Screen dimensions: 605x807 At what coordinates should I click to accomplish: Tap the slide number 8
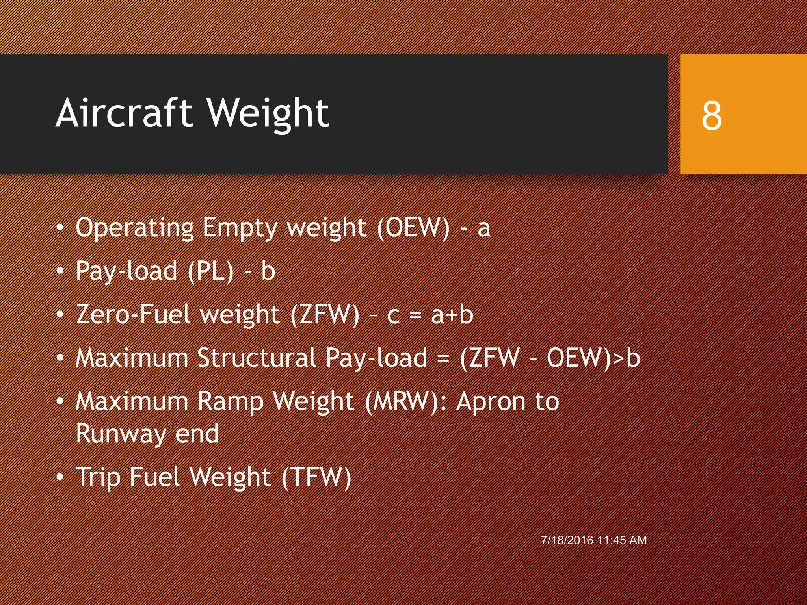click(x=712, y=115)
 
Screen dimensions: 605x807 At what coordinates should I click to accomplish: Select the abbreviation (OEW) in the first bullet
click(x=413, y=228)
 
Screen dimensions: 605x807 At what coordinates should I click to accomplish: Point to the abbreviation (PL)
click(x=211, y=272)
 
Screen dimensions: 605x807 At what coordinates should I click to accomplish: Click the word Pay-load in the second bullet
click(x=126, y=272)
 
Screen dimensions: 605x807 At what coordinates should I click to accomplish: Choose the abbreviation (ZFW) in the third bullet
click(x=325, y=315)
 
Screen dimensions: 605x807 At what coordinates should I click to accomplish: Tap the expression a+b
click(x=452, y=315)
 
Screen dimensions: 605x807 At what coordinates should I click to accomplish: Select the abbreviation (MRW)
click(x=402, y=402)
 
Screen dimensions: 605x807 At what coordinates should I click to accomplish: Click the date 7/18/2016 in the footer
click(x=567, y=540)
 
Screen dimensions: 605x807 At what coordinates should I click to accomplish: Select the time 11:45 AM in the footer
click(x=622, y=540)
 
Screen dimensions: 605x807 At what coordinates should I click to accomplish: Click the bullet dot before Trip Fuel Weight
click(x=60, y=477)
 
